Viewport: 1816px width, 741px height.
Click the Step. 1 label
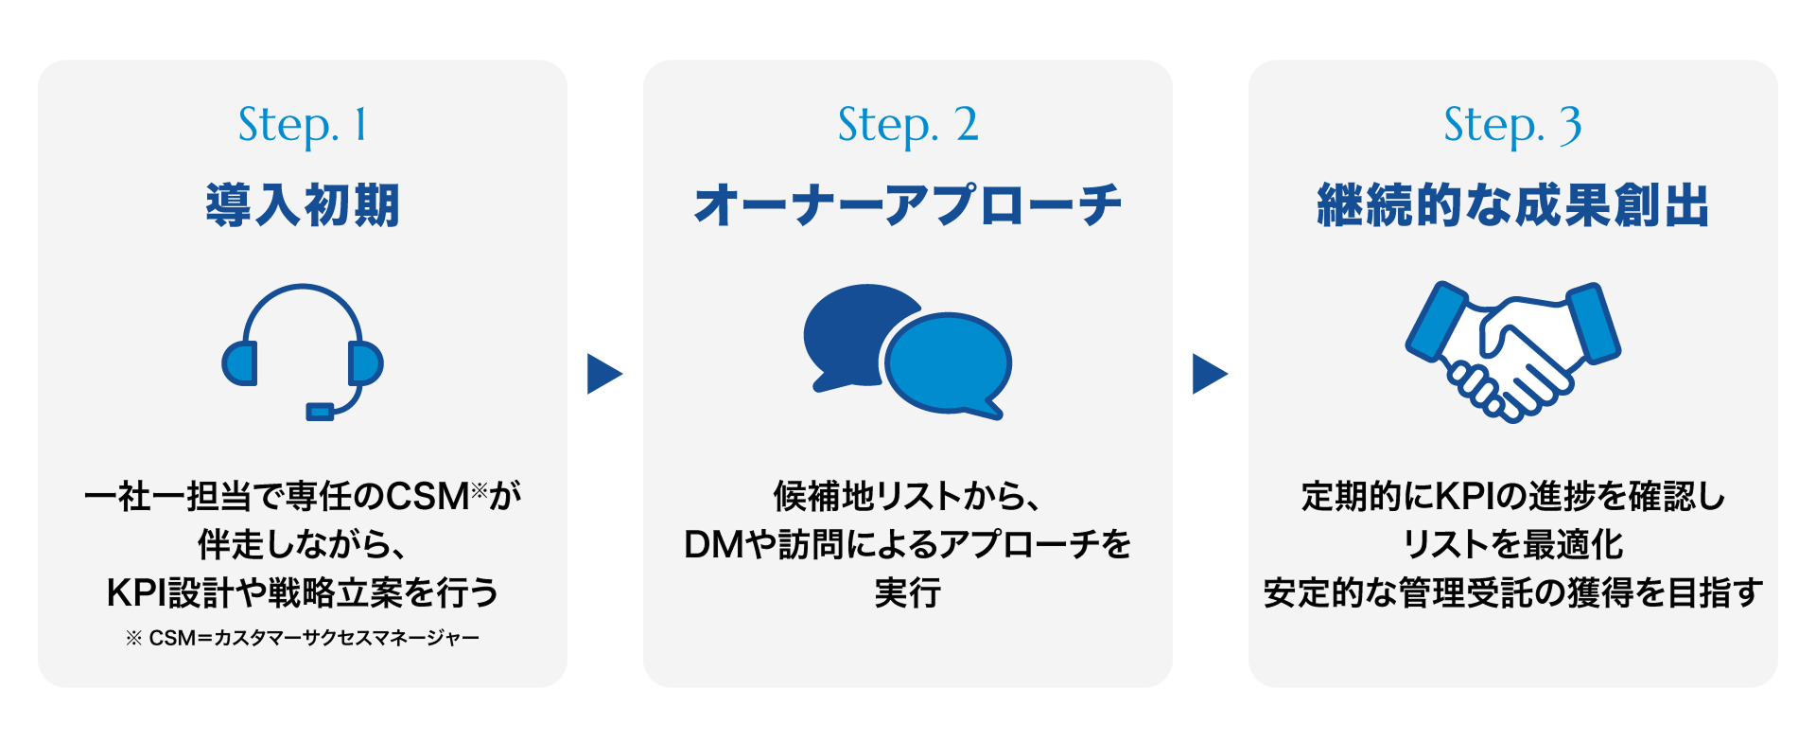pos(303,126)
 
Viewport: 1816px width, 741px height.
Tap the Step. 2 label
pos(908,126)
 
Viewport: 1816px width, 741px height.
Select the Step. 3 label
pos(1512,126)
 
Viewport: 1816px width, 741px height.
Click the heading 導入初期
pos(303,205)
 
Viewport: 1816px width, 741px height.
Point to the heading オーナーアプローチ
pos(908,205)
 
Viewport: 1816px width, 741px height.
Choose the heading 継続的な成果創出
pos(1512,205)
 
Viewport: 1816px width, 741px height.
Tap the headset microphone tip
pos(320,412)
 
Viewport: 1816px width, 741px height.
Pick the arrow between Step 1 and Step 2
pos(604,374)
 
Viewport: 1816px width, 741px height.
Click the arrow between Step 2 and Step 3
pos(1210,374)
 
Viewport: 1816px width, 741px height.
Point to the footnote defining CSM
pos(303,638)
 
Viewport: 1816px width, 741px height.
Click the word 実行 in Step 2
pos(908,592)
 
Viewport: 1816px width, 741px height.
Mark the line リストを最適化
pos(1512,545)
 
